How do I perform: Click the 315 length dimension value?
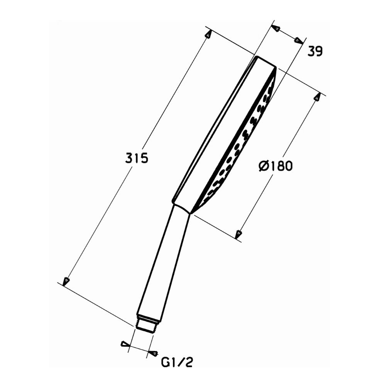[x=136, y=158]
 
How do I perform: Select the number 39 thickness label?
[x=315, y=51]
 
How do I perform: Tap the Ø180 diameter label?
[x=276, y=166]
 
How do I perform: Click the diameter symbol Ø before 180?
[x=263, y=166]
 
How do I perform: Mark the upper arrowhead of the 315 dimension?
[x=208, y=34]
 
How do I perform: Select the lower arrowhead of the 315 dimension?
[x=66, y=281]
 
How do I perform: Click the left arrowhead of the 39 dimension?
[x=275, y=28]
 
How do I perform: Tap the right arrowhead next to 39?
[x=298, y=40]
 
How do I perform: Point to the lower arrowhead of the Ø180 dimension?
[x=239, y=234]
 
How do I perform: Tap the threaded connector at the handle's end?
[x=148, y=323]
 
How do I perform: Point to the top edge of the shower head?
[x=266, y=62]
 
